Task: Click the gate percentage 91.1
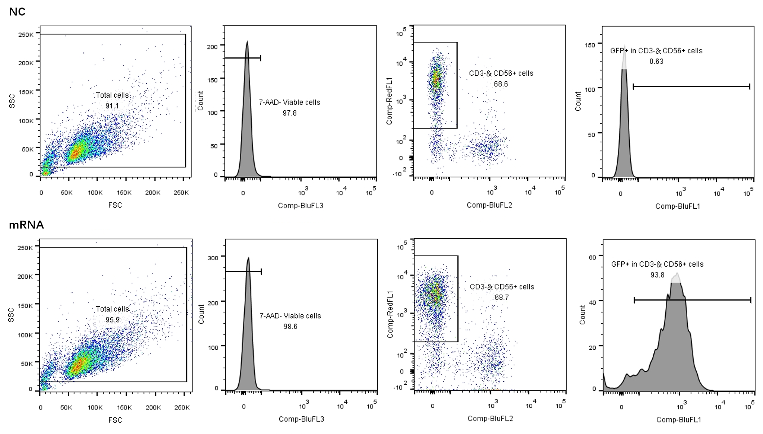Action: [112, 106]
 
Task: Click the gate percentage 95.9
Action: [112, 320]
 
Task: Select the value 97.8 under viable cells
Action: [289, 113]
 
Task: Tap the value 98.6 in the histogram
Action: [290, 327]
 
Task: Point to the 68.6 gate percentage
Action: [501, 84]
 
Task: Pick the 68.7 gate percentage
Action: [502, 297]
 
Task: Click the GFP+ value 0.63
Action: [656, 61]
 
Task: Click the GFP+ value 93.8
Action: [657, 275]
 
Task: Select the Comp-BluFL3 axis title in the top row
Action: [301, 205]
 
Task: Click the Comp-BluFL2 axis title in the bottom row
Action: [490, 418]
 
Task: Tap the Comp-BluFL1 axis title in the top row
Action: [678, 206]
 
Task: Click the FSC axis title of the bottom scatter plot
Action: [115, 420]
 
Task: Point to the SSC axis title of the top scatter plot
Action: [12, 101]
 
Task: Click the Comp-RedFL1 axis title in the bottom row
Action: [390, 315]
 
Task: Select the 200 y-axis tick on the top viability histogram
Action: [212, 46]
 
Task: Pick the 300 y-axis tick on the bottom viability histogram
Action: [213, 258]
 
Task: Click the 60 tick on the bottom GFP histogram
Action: [592, 257]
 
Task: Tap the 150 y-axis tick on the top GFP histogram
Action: [590, 45]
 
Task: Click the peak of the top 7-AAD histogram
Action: [247, 42]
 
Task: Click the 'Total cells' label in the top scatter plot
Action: [112, 95]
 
